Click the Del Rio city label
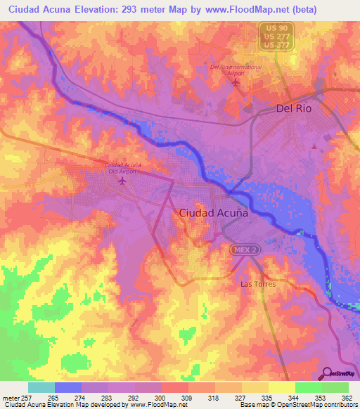[292, 109]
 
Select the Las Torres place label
[258, 284]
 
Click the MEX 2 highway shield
[244, 250]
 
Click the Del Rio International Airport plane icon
[236, 82]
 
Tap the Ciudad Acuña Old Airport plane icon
[123, 181]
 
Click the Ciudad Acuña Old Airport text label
[123, 168]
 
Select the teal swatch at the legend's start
[41, 387]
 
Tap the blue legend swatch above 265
[68, 387]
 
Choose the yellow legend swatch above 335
[255, 387]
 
